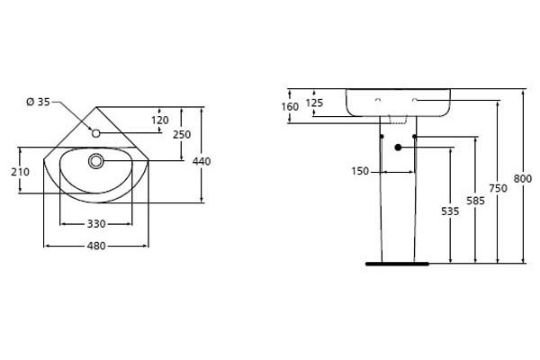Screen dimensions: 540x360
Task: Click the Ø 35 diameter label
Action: [x=38, y=102]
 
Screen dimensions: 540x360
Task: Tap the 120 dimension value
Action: [x=160, y=121]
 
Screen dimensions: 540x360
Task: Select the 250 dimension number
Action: [x=182, y=134]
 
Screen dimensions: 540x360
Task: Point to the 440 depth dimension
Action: [x=202, y=161]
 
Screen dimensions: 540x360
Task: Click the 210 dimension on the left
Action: [x=21, y=172]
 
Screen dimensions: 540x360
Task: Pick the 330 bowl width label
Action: [x=96, y=224]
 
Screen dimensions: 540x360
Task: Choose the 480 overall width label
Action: [x=96, y=246]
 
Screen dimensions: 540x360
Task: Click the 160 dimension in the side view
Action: [x=290, y=107]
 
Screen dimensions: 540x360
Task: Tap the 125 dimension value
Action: [x=314, y=103]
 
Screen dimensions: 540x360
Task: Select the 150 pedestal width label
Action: [x=360, y=171]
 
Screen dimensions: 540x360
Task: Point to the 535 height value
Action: [x=450, y=211]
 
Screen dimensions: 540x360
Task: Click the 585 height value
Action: [x=475, y=201]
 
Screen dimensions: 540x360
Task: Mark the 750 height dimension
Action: [x=499, y=188]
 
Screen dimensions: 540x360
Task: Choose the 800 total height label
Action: [x=523, y=179]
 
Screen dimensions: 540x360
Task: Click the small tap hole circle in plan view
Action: [x=95, y=133]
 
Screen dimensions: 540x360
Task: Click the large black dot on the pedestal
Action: [x=398, y=148]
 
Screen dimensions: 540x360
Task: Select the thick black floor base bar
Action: [x=397, y=265]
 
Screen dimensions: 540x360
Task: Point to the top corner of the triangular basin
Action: [x=96, y=107]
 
